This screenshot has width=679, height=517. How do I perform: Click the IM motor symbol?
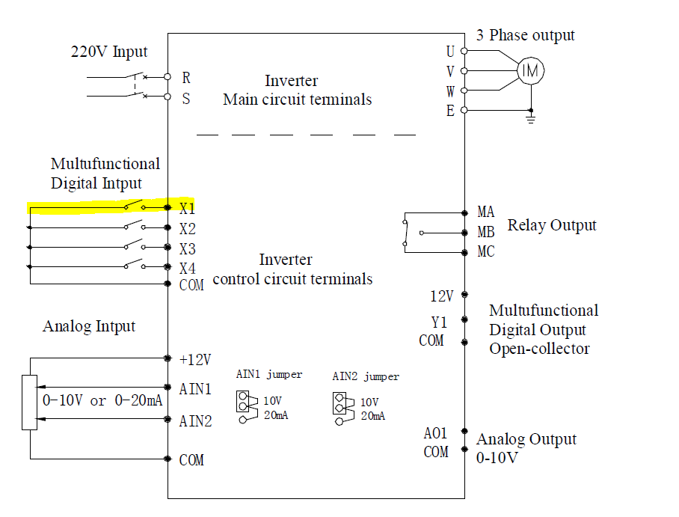point(530,70)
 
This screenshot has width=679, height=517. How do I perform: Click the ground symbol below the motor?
point(531,119)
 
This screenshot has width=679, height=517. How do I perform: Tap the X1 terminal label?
point(187,209)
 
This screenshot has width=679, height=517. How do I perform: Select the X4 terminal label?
point(188,269)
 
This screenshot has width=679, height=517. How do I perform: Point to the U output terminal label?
point(450,52)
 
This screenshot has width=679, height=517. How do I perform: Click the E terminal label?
point(450,111)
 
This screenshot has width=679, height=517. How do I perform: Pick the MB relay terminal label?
point(486,232)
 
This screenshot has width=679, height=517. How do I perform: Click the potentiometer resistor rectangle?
point(29,403)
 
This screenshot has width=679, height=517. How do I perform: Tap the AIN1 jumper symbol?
point(246,406)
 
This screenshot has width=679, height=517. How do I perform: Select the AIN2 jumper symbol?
point(343,409)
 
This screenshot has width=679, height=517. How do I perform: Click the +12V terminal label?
point(195,359)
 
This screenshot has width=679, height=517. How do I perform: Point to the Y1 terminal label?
point(439,322)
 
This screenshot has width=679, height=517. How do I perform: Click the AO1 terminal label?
point(435,433)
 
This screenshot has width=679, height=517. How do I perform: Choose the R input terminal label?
point(186,78)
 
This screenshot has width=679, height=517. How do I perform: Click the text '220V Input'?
point(109,52)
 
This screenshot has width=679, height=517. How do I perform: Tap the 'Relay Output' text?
point(552,225)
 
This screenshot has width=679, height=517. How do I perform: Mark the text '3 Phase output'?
point(526,35)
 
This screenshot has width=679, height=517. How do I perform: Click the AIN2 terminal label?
point(195,420)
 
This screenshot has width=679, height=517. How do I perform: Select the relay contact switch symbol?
point(406,233)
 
